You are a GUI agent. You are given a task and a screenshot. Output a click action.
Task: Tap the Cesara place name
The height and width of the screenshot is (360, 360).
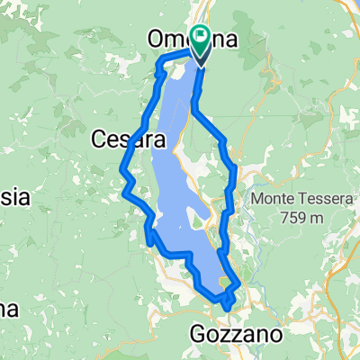click(129, 140)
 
